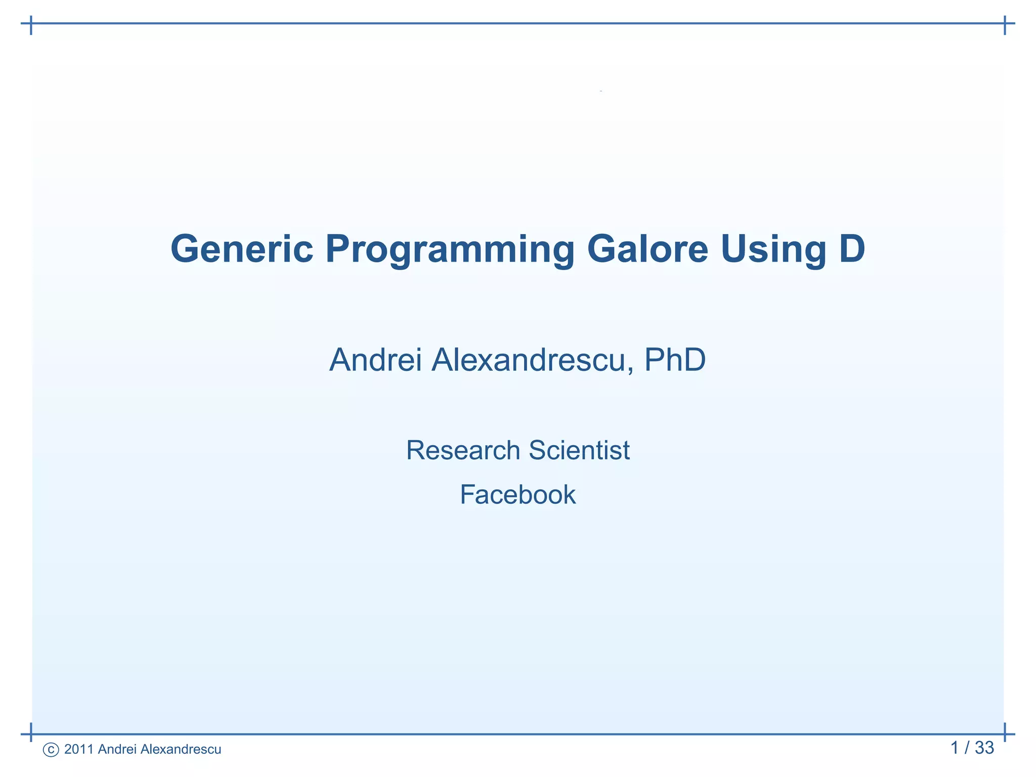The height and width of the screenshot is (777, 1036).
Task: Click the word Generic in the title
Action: (x=242, y=249)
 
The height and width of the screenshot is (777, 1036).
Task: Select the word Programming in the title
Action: (x=450, y=250)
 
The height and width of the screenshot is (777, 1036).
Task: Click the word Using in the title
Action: (x=773, y=250)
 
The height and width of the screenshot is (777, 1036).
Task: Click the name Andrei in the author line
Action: (x=375, y=360)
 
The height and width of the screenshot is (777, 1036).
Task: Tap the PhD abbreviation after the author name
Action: (x=675, y=360)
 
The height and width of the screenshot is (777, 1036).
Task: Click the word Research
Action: (x=463, y=450)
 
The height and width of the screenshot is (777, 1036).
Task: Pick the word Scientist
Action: (x=579, y=450)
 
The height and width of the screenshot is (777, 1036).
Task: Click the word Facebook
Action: (x=517, y=495)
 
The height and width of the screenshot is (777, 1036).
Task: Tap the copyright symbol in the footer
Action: (x=51, y=750)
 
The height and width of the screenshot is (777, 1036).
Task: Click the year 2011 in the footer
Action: (x=79, y=749)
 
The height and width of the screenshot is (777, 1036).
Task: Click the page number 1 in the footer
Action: (x=955, y=748)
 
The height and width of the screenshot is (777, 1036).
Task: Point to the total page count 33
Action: (x=984, y=748)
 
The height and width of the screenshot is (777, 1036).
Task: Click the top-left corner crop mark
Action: (x=31, y=24)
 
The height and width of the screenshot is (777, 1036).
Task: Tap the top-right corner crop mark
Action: (x=1005, y=24)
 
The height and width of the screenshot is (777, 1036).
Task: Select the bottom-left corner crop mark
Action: (x=31, y=733)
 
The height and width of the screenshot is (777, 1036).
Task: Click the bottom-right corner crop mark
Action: (x=1005, y=733)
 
